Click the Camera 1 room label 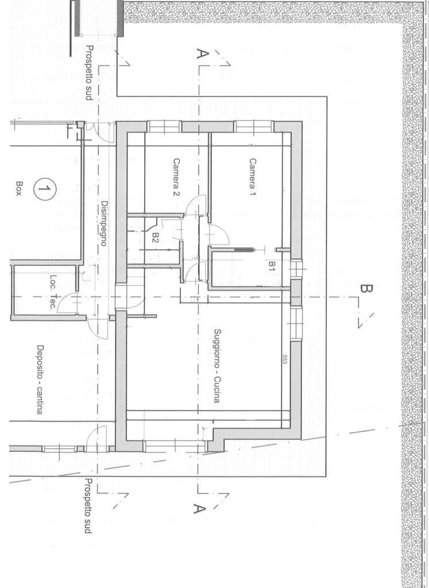click(252, 177)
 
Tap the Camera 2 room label click(176, 178)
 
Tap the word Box click(18, 189)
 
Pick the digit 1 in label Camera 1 click(252, 195)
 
